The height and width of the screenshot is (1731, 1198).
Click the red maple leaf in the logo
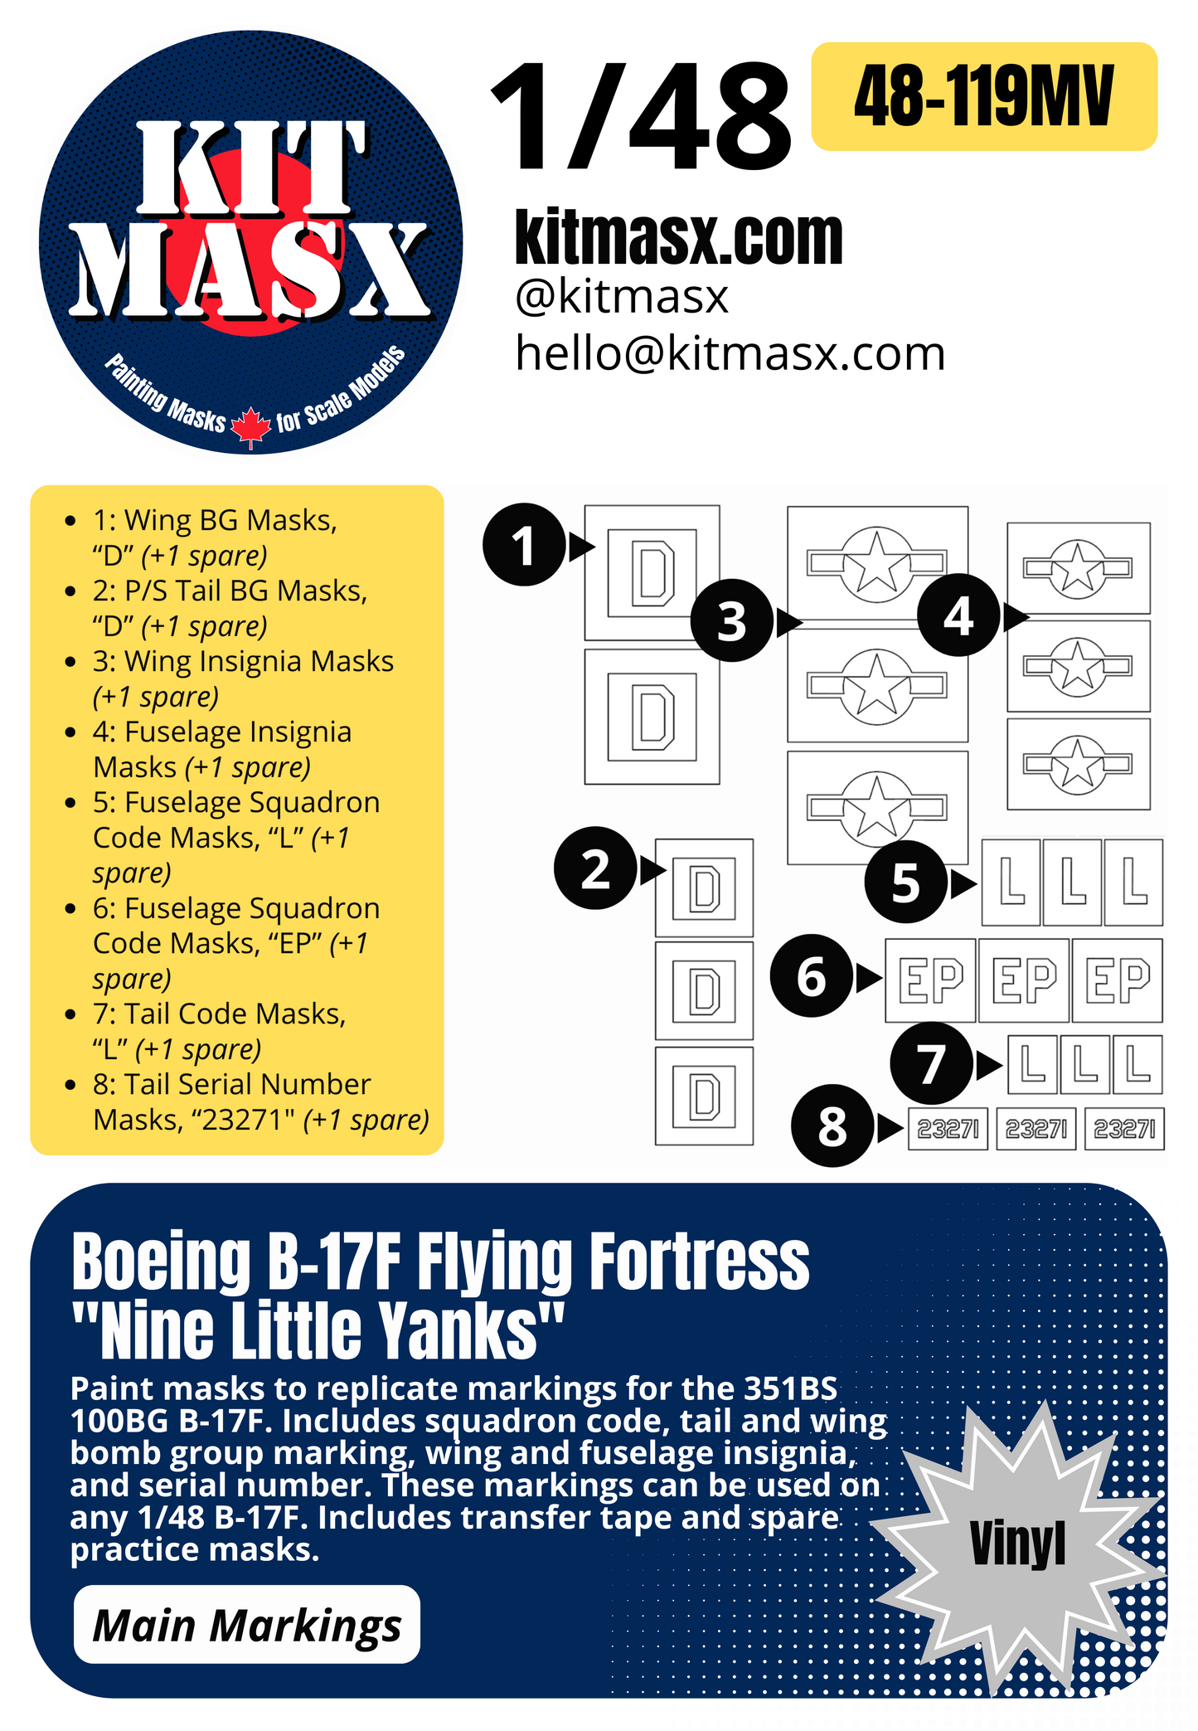(x=250, y=427)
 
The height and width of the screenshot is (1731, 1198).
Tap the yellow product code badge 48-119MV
(x=983, y=96)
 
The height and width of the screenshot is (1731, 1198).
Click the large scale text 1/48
(x=640, y=118)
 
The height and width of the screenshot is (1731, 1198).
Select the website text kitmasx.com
(x=678, y=238)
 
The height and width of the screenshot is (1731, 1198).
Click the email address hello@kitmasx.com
(x=730, y=353)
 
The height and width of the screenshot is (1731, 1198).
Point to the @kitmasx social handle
(x=621, y=297)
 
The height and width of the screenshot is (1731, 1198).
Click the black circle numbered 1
(x=523, y=545)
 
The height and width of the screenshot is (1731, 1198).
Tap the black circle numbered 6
(x=811, y=976)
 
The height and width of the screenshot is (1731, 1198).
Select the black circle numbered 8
(x=832, y=1126)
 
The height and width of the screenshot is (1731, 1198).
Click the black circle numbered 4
(x=958, y=615)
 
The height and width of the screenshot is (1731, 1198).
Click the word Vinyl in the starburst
(x=1017, y=1544)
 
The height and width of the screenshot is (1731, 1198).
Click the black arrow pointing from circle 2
(x=652, y=870)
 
